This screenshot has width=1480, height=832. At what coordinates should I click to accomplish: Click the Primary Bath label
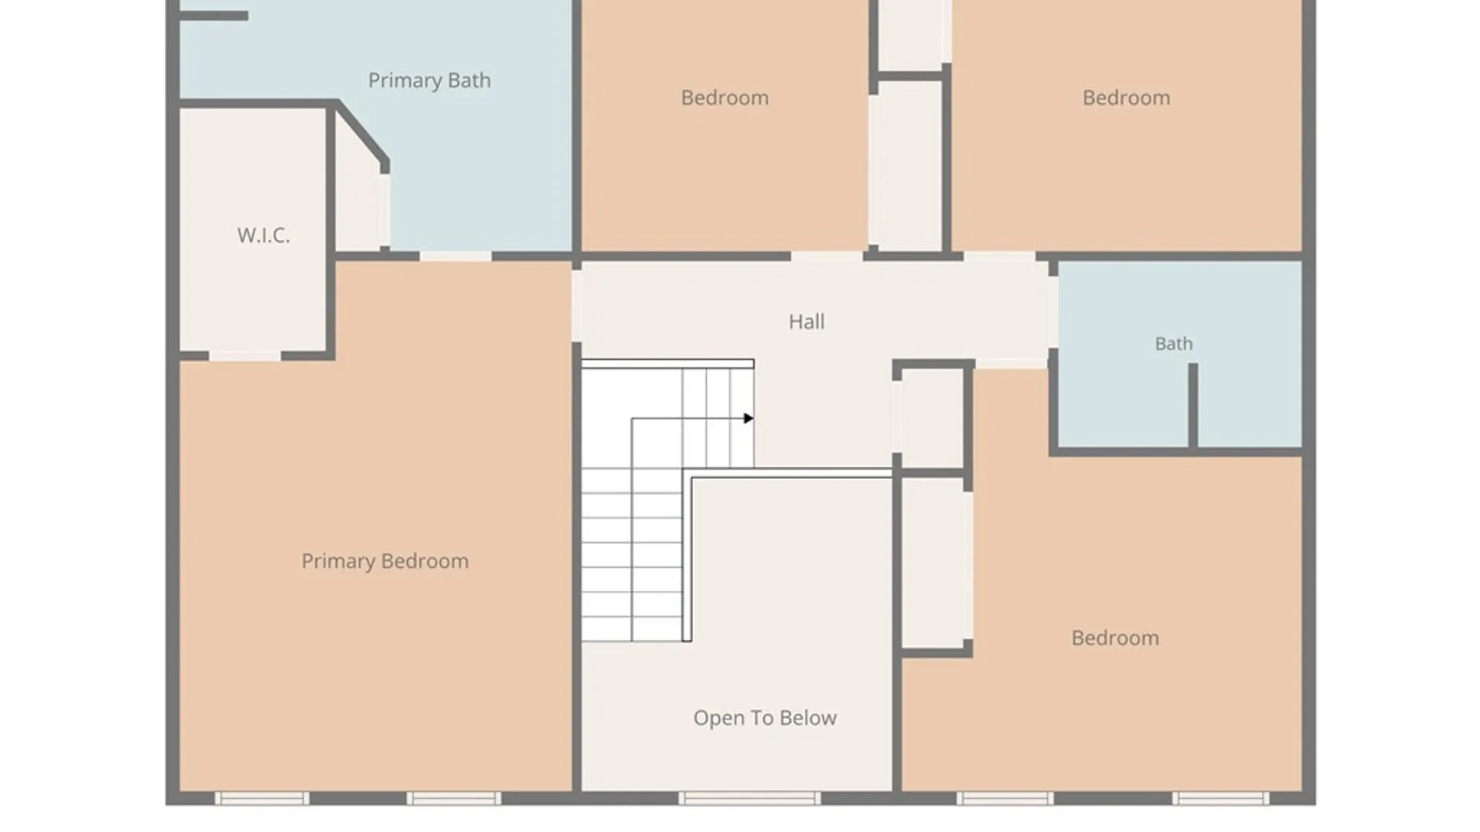(x=429, y=80)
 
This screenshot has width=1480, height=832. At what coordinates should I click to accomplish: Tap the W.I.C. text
(x=264, y=235)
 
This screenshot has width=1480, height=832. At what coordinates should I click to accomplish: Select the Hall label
(x=806, y=321)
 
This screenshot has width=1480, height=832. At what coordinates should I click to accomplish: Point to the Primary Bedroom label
(x=385, y=562)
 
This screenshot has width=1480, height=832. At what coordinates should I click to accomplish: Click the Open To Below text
(x=765, y=718)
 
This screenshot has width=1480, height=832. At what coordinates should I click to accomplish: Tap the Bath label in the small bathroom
(x=1173, y=344)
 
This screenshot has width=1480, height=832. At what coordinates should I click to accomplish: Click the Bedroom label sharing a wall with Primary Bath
(x=725, y=98)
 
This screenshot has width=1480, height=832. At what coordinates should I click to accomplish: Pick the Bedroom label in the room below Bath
(x=1115, y=638)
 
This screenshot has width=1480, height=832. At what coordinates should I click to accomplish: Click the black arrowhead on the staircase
(x=748, y=418)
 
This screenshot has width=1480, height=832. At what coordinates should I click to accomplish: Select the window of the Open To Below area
(x=749, y=798)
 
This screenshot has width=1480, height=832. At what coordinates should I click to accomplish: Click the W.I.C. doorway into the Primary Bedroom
(x=245, y=356)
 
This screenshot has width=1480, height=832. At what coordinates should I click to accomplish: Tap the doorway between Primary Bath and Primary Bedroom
(x=456, y=256)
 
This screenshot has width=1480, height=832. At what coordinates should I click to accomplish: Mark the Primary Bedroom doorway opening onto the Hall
(x=576, y=305)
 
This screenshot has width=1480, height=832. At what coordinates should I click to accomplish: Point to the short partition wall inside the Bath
(x=1192, y=406)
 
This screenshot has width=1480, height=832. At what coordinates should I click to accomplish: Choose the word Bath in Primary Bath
(x=469, y=80)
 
